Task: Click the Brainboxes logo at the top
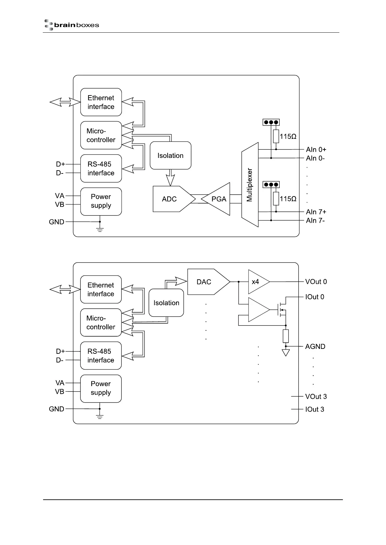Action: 72,25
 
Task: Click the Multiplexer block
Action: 250,185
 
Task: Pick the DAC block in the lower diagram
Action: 206,282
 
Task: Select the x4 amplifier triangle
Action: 257,282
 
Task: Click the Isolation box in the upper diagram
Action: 170,156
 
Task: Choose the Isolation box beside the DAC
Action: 166,303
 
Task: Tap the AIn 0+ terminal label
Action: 316,150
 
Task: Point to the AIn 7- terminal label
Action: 315,221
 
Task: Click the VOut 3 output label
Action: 316,396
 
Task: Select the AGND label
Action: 315,347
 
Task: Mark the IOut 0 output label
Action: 315,297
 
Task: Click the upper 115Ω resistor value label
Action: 288,137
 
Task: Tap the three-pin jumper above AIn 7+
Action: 271,185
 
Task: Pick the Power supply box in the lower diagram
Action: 101,388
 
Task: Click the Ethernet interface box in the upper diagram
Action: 101,102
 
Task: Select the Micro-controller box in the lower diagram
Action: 101,323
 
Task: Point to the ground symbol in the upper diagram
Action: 100,229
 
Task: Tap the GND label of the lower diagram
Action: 56,409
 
